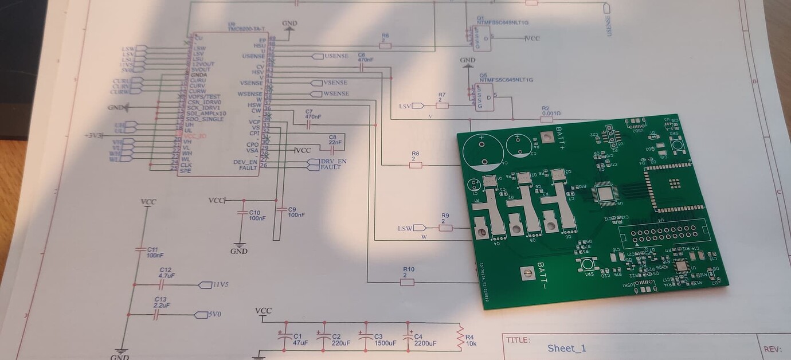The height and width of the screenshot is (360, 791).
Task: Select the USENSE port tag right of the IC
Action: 330,56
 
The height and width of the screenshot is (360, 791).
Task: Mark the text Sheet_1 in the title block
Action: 567,348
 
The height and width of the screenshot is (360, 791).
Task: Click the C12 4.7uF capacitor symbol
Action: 162,285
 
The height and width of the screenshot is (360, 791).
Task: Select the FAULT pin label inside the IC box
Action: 248,167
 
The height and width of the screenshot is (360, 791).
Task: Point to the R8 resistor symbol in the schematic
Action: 416,165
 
